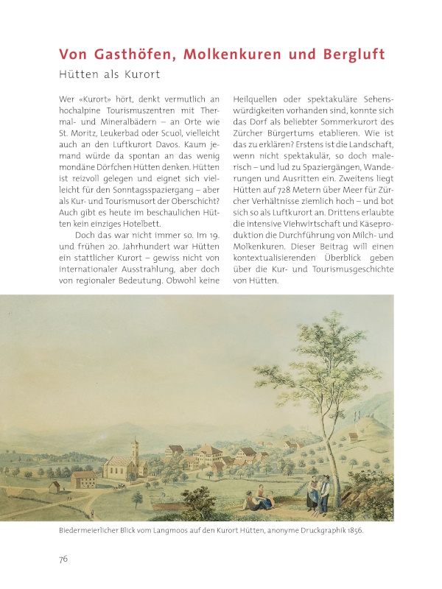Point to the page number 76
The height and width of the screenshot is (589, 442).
pyautogui.click(x=63, y=559)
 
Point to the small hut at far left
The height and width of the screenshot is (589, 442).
pyautogui.click(x=55, y=487)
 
